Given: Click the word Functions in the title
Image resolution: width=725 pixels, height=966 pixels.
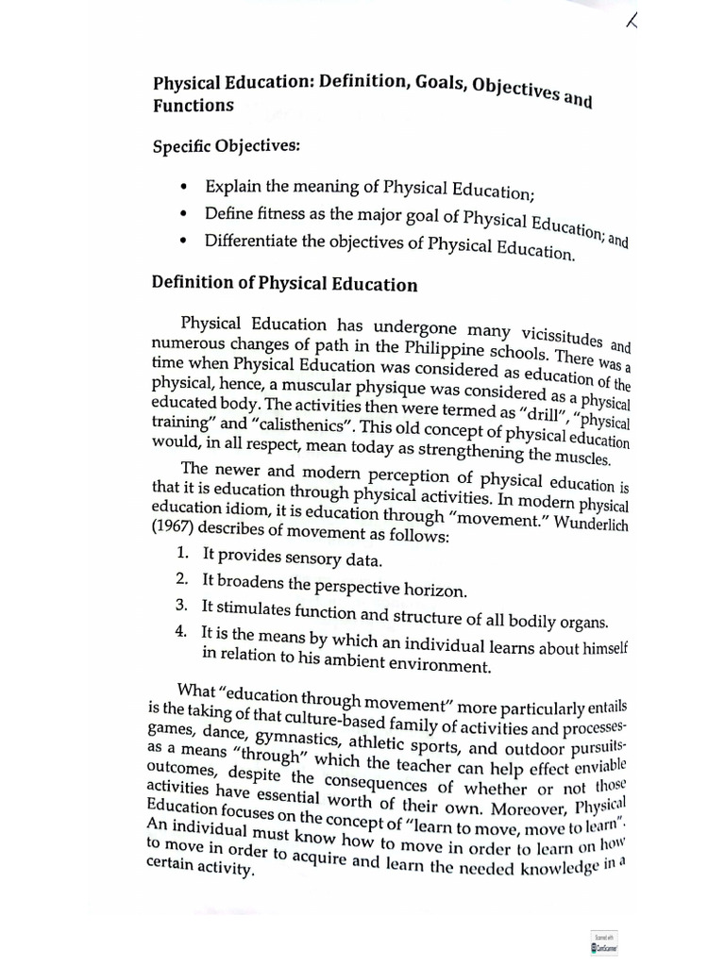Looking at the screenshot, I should tap(193, 106).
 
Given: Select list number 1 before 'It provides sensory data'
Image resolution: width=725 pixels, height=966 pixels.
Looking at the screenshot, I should tap(182, 557).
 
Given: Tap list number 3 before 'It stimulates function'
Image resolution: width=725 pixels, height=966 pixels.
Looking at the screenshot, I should tap(182, 606).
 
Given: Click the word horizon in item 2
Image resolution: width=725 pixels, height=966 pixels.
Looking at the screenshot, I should tap(430, 591).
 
